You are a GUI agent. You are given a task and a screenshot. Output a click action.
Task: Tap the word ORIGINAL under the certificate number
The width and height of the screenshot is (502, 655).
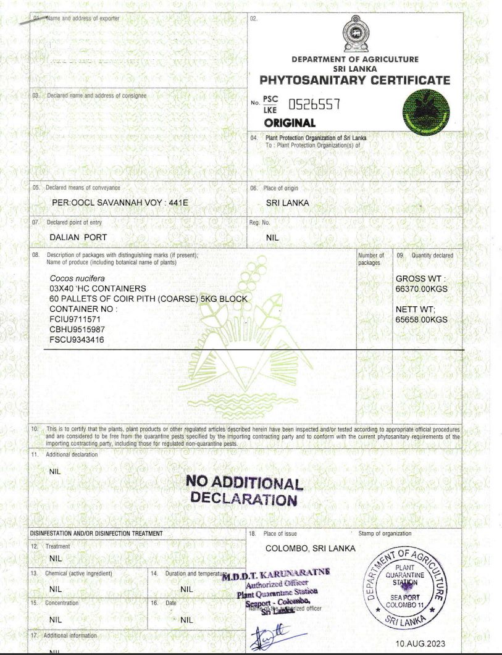[290, 123]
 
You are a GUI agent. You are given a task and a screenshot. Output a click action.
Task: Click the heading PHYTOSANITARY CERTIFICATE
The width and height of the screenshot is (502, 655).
[355, 80]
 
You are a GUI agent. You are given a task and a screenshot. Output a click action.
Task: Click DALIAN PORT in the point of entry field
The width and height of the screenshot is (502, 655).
[78, 237]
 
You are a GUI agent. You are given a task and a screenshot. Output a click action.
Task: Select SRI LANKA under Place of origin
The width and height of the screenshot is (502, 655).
[287, 202]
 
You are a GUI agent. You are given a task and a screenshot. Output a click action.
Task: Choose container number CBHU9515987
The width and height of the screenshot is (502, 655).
[77, 329]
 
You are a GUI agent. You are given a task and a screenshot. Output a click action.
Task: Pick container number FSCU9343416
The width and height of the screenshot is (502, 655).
[77, 339]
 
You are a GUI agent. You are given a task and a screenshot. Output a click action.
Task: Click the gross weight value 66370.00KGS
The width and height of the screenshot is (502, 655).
[421, 288]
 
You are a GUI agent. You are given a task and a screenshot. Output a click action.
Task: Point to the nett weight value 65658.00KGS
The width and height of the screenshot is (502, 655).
[421, 320]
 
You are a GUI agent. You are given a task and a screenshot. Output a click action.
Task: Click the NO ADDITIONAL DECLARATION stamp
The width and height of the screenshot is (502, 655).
[244, 491]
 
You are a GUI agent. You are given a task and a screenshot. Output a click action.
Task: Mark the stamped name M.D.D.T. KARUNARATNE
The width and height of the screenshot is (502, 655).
[276, 574]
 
